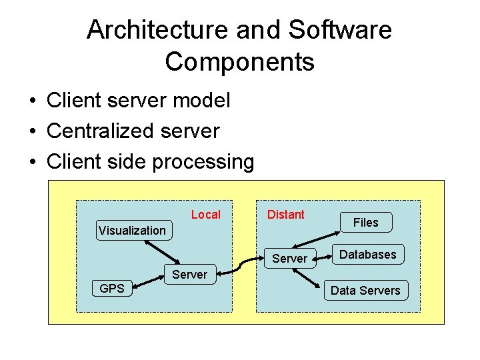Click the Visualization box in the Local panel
pos(132,231)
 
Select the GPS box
pos(112,289)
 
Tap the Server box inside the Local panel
pos(189,275)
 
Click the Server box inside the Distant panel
pos(290,259)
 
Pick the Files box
pos(365,223)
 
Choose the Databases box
pos(368,255)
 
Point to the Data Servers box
pos(365,291)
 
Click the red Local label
pos(205,215)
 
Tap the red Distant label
pos(285,215)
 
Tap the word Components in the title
pos(239,62)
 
